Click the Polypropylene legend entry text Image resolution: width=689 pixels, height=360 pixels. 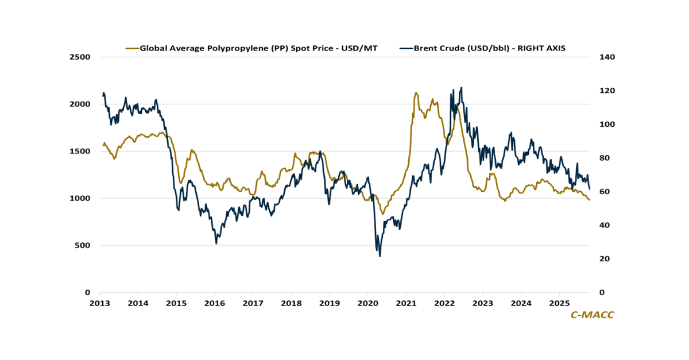tap(259, 48)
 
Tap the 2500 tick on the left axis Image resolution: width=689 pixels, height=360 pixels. tap(81, 57)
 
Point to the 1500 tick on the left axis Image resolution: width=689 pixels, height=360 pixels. tap(81, 152)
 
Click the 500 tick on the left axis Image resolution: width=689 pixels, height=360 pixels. tap(83, 246)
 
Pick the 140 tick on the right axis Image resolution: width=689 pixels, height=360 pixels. tap(608, 57)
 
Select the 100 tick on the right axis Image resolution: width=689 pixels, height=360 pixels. tap(608, 125)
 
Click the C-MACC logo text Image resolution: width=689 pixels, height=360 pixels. tap(592, 315)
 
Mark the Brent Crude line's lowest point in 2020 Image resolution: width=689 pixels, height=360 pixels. tap(380, 256)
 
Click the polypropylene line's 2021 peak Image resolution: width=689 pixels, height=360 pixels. tap(415, 92)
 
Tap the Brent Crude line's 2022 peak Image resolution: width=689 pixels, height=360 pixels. tap(461, 87)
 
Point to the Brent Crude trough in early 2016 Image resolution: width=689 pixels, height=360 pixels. tap(216, 243)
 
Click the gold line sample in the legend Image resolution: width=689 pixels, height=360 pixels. tap(131, 48)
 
